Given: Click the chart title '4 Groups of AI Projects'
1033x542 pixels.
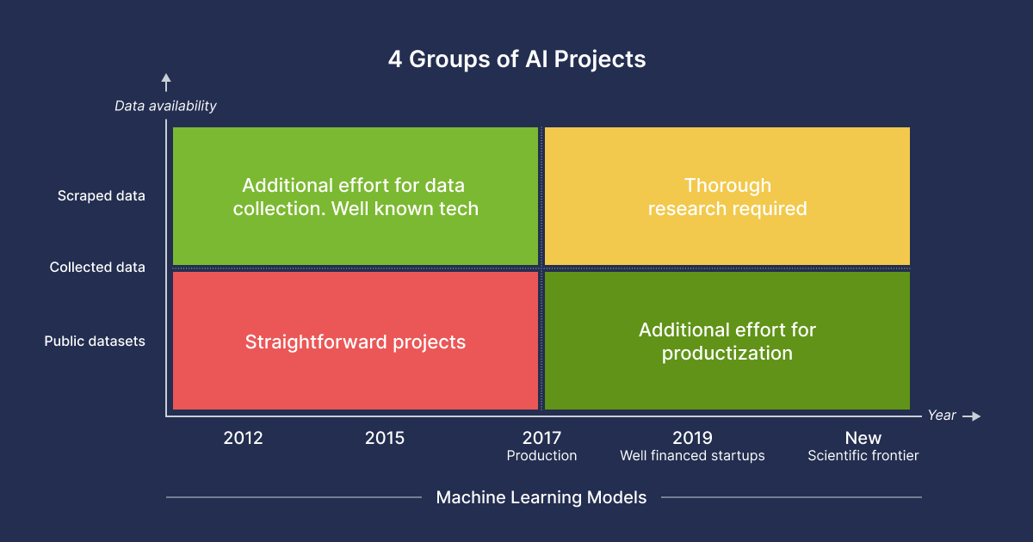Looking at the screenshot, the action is click(516, 59).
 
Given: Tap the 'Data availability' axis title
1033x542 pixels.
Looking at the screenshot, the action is click(165, 106).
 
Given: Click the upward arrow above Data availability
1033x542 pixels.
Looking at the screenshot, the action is click(166, 83).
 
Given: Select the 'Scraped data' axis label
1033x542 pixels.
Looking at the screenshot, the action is click(101, 196).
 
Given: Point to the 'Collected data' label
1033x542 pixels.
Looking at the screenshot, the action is click(97, 268).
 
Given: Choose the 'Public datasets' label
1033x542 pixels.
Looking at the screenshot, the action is click(95, 341).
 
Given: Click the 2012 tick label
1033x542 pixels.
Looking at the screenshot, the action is click(243, 438).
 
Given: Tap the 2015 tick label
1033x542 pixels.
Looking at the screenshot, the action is click(385, 438).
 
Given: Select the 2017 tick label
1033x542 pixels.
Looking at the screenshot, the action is click(541, 438).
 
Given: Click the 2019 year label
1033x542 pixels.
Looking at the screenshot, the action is click(692, 438).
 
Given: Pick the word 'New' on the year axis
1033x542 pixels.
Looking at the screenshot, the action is click(863, 438).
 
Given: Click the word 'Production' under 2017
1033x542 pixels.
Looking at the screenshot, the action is click(541, 456).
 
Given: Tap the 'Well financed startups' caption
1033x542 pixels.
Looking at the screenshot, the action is click(692, 456).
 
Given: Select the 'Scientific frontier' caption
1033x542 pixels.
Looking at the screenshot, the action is click(863, 456).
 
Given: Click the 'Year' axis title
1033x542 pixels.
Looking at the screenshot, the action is click(941, 416).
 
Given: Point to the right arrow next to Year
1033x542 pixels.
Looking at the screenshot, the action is click(972, 416).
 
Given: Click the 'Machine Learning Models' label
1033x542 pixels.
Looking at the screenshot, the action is click(541, 498).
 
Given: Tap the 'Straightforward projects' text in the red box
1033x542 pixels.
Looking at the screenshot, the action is click(355, 342).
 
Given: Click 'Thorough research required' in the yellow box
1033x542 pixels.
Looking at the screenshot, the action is click(727, 197).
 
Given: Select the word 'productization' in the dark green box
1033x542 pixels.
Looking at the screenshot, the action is click(727, 354).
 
